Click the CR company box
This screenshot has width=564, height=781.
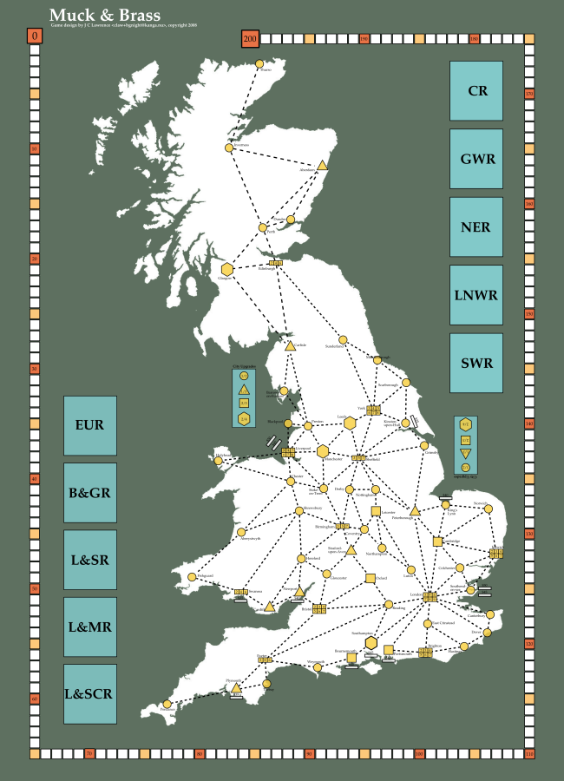tap(476, 90)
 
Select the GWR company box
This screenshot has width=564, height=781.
tap(476, 159)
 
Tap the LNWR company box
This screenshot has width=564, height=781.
tap(476, 295)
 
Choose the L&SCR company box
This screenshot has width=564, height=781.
tap(90, 694)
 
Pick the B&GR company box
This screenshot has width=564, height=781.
tap(90, 492)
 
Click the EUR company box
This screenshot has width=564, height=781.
tap(90, 425)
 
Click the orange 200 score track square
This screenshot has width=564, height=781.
tap(251, 38)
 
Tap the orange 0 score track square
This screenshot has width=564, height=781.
tap(34, 36)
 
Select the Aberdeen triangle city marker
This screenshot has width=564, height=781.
tap(322, 165)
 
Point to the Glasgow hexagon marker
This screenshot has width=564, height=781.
tap(226, 269)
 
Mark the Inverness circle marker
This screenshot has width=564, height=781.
tap(229, 148)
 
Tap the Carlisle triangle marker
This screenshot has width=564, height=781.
tap(290, 345)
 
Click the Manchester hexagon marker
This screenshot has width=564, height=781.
tap(323, 451)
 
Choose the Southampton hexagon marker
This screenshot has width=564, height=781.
tap(371, 642)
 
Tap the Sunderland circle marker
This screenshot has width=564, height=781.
tap(342, 339)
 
